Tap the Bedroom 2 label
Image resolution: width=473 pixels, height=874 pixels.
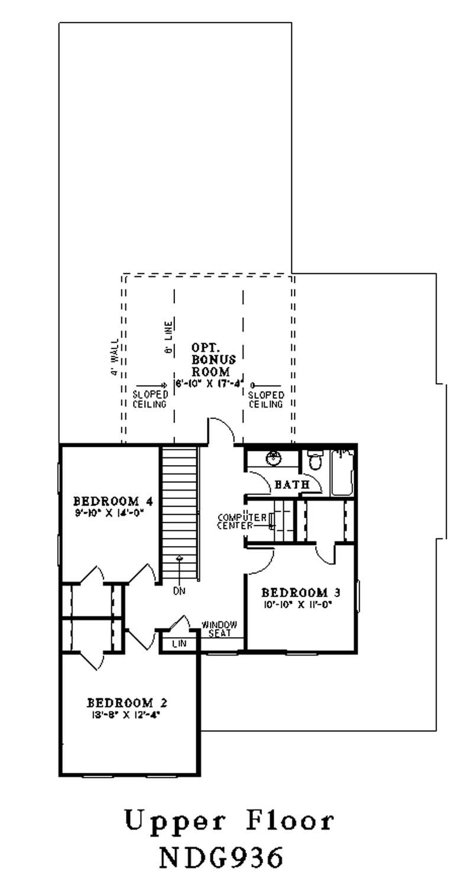(127, 703)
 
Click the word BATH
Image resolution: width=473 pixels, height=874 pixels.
(292, 485)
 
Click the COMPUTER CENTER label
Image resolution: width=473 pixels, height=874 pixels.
(241, 521)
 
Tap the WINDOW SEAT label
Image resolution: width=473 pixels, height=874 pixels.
(219, 629)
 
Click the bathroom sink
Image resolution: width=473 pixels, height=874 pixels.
(273, 458)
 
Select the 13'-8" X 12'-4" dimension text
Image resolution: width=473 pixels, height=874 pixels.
(127, 715)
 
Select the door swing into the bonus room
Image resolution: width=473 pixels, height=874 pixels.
(222, 429)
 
